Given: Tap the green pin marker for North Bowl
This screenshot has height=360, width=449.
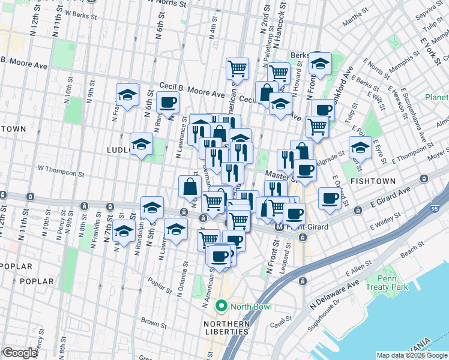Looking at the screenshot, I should point(221,307).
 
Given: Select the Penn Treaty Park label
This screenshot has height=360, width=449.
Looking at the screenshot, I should point(394,283).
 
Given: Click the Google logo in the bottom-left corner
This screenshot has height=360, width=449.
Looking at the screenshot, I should point(20,353).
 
